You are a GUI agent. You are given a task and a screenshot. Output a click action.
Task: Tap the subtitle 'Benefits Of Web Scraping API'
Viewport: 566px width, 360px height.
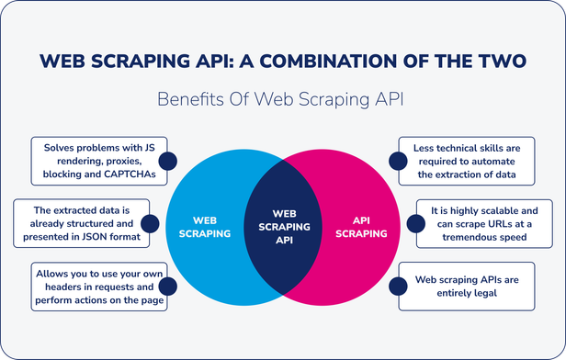click(x=282, y=99)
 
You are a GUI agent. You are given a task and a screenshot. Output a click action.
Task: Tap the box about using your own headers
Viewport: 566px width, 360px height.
click(x=98, y=286)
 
